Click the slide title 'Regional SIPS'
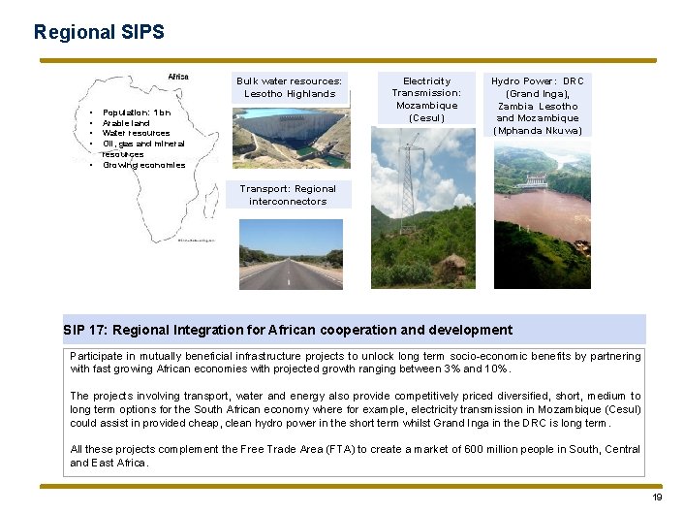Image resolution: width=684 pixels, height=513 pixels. point(99,32)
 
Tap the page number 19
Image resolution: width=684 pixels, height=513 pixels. point(657,497)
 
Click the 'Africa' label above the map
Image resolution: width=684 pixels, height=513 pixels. point(178,77)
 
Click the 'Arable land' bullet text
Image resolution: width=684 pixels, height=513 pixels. point(126,123)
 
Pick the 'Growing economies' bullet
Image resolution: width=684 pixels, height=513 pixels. point(143,165)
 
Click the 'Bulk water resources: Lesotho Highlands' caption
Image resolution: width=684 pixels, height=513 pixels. point(290,87)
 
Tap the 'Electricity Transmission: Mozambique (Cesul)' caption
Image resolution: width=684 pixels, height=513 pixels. point(426,99)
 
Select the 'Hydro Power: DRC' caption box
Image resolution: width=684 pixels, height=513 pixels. point(537,105)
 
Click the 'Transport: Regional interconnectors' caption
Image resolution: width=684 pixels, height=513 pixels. point(288,195)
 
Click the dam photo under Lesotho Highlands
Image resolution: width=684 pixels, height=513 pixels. point(290,137)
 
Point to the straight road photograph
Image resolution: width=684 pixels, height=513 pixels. point(290,253)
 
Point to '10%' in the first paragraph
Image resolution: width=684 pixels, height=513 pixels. point(496,369)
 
